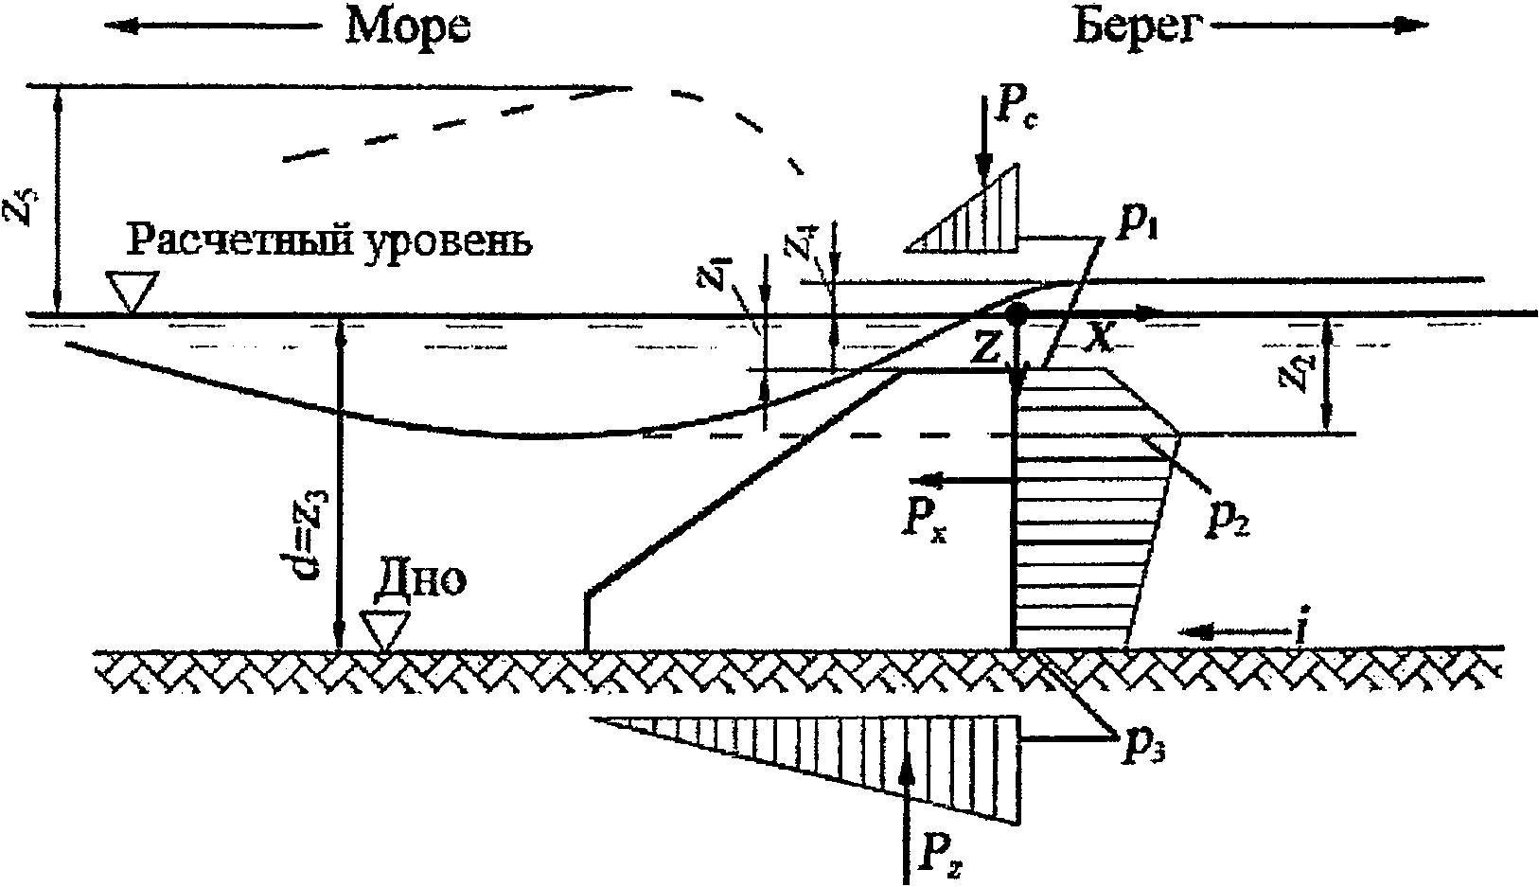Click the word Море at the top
(408, 28)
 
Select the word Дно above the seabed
(420, 580)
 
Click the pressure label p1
(1131, 228)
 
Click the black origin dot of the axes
(1016, 313)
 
